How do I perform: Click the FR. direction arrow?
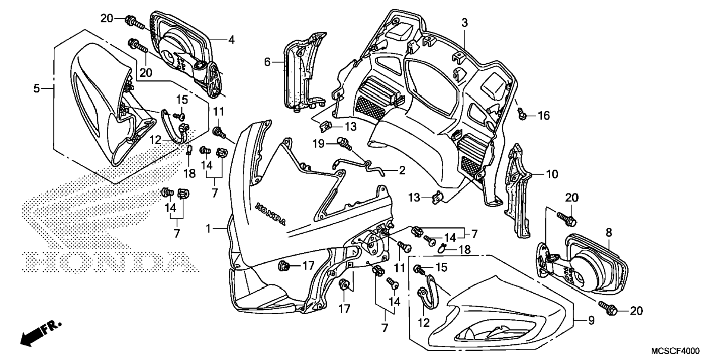pyautogui.click(x=40, y=333)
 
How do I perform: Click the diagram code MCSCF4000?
pyautogui.click(x=675, y=351)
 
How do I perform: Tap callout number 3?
pyautogui.click(x=464, y=23)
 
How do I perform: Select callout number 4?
pyautogui.click(x=232, y=40)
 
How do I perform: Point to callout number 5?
pyautogui.click(x=36, y=89)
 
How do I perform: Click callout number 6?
pyautogui.click(x=267, y=62)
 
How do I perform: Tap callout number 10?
pyautogui.click(x=552, y=174)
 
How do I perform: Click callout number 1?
pyautogui.click(x=209, y=228)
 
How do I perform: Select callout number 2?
pyautogui.click(x=402, y=171)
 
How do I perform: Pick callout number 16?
pyautogui.click(x=544, y=116)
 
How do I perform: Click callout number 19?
pyautogui.click(x=319, y=143)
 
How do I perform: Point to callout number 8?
pyautogui.click(x=608, y=233)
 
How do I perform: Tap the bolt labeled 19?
pyautogui.click(x=344, y=143)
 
